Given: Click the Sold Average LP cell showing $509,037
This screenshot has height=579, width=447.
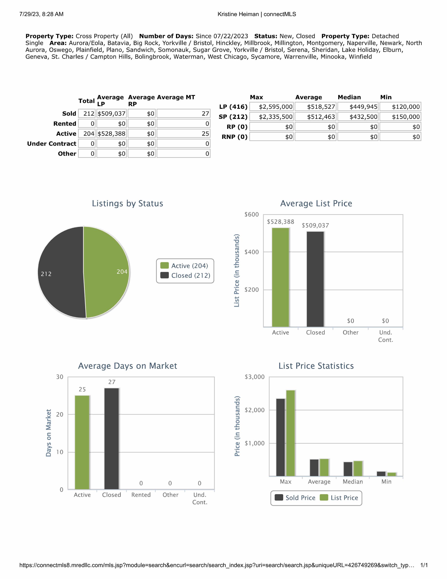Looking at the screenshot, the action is pyautogui.click(x=112, y=114).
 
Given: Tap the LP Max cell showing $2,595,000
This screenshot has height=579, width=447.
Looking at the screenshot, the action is pyautogui.click(x=272, y=107).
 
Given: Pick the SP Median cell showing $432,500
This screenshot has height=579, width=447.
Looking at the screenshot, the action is pyautogui.click(x=358, y=117).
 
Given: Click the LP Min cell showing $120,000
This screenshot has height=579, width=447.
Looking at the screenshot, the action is pyautogui.click(x=400, y=107).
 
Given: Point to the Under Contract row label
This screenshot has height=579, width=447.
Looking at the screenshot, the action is pyautogui.click(x=52, y=144).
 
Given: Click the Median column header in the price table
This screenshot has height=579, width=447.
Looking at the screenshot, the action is pyautogui.click(x=349, y=97).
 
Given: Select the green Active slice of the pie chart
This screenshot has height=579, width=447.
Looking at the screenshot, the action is pyautogui.click(x=106, y=272).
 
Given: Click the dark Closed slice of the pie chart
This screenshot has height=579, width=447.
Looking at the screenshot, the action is pyautogui.click(x=61, y=272).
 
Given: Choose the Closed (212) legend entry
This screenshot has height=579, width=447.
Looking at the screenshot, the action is pyautogui.click(x=185, y=275).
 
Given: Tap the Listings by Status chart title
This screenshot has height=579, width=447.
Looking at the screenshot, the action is pyautogui.click(x=127, y=203).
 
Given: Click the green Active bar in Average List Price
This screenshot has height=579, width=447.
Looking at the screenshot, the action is pyautogui.click(x=280, y=277).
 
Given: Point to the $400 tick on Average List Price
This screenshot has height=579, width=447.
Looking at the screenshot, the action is pyautogui.click(x=252, y=252).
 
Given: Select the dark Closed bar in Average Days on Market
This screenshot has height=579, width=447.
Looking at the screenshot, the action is pyautogui.click(x=112, y=439).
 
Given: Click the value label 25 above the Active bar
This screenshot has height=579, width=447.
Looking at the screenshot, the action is pyautogui.click(x=82, y=389).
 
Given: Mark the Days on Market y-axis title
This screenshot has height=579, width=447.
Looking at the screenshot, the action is pyautogui.click(x=49, y=433).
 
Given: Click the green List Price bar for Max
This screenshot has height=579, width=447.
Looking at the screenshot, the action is pyautogui.click(x=291, y=433).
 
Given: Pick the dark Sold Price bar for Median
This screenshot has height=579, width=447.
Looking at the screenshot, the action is pyautogui.click(x=348, y=469).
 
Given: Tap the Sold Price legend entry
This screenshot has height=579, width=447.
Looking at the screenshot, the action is pyautogui.click(x=295, y=498).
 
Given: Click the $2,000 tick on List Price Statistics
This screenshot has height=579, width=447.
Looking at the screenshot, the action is pyautogui.click(x=254, y=410).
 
